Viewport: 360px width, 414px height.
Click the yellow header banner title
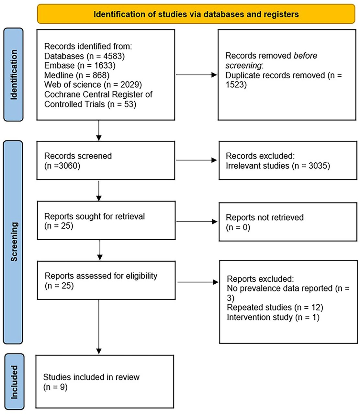point(196,14)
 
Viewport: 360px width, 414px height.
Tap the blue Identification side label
point(14,74)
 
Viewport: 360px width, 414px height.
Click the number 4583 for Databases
point(114,56)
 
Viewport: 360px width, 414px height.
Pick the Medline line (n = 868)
point(77,75)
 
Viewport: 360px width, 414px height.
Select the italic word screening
point(243,66)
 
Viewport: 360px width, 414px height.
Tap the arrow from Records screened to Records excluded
point(196,160)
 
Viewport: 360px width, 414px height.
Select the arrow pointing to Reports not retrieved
point(197,222)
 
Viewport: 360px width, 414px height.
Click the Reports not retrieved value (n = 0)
point(238,227)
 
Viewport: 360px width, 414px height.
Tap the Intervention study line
point(273,317)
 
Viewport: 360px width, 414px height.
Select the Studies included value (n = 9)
point(55,387)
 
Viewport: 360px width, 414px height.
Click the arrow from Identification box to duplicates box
point(196,75)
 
